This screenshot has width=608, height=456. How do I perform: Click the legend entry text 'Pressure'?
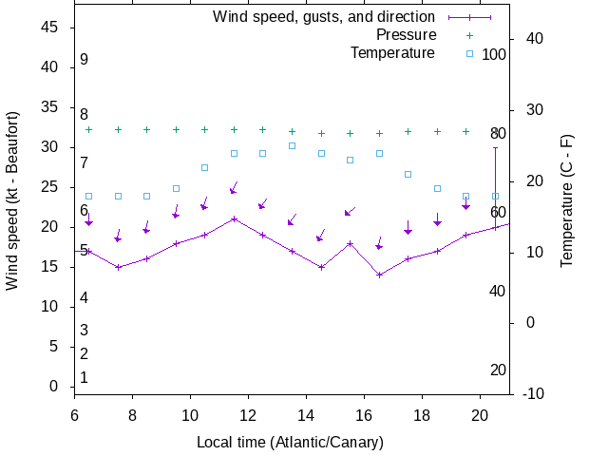coord(406,35)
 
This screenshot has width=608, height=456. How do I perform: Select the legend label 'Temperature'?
coord(392,53)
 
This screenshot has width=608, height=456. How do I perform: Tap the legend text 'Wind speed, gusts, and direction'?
coord(323,17)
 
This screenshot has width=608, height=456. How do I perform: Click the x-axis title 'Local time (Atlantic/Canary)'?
coord(290,443)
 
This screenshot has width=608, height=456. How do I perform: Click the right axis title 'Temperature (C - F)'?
coord(567,199)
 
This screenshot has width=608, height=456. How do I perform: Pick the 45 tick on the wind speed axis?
coord(50,28)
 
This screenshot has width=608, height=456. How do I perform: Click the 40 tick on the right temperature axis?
coord(533,39)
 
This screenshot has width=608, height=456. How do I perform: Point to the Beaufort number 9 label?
coord(84,60)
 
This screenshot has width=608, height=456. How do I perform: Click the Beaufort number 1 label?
coord(84,378)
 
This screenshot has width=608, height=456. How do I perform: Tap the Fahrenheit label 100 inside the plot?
coord(494,54)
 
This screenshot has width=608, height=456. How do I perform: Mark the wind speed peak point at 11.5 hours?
coord(234,218)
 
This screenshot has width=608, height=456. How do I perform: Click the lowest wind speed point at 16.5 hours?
coord(379,275)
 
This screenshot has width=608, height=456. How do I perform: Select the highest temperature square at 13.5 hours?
coord(292,146)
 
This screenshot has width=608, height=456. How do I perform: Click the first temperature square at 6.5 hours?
coord(88,197)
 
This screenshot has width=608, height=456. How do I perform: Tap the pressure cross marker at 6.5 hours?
coord(88,129)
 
